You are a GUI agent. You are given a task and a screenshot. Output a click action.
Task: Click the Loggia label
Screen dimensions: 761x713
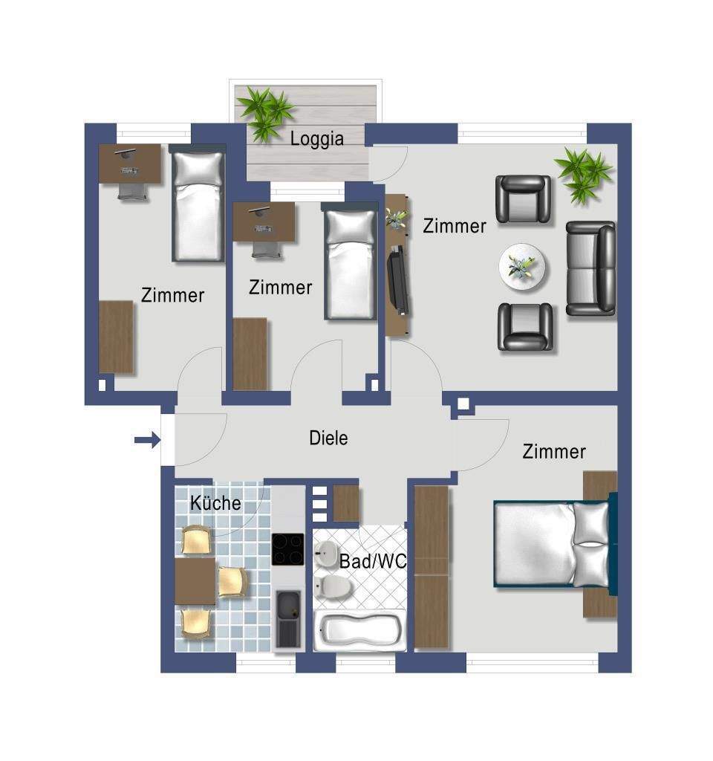point(317,138)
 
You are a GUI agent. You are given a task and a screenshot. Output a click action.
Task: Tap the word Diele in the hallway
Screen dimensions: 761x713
point(328,438)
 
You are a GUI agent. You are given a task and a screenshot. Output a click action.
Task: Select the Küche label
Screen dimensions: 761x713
point(215,503)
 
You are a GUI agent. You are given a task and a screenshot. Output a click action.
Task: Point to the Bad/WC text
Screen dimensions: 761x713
point(373,562)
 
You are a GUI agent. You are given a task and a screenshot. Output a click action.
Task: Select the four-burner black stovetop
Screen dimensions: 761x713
point(287,550)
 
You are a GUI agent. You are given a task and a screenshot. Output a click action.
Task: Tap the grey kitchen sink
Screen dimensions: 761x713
point(287,618)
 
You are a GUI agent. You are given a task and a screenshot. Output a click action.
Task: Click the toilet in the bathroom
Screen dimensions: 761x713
point(334,587)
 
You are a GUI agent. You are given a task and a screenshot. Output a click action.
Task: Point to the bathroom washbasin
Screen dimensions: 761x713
point(326,552)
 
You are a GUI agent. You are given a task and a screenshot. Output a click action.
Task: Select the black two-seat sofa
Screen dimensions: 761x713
point(591,268)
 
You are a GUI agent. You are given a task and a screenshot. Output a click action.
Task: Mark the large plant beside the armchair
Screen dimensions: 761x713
point(585,173)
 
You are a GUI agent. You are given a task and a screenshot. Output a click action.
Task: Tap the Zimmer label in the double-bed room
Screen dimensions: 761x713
point(554,451)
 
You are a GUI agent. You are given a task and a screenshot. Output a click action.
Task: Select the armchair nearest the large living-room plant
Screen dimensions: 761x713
point(524,199)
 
